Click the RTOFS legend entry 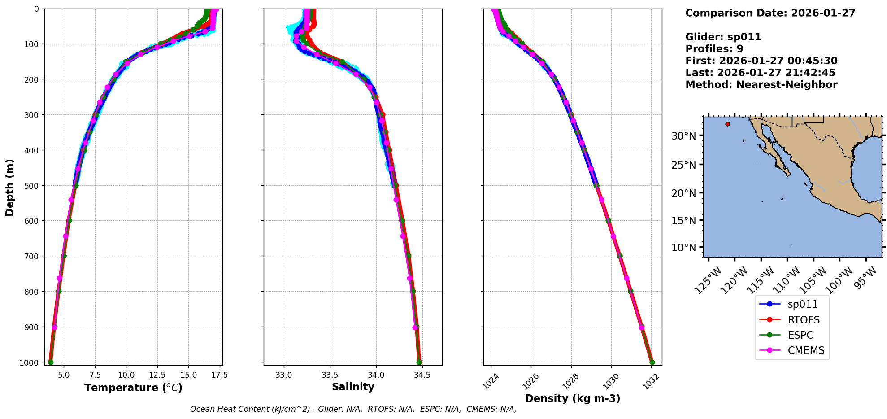coord(803,320)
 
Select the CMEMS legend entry coord(806,350)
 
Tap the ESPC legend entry coord(800,335)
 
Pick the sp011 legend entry coord(803,304)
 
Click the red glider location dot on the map coord(727,124)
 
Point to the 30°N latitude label coord(683,136)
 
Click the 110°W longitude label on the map coord(787,279)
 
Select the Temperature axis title coord(133,388)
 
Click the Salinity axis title coord(353,387)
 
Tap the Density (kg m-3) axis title coord(573,398)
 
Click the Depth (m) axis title coord(9,187)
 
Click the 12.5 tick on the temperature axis coord(157,375)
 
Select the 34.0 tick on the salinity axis coord(376,375)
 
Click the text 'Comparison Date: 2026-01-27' coord(770,13)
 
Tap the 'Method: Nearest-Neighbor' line coord(761,84)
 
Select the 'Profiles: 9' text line coord(714,49)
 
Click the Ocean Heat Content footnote coord(353,409)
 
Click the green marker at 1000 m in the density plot coord(652,362)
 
